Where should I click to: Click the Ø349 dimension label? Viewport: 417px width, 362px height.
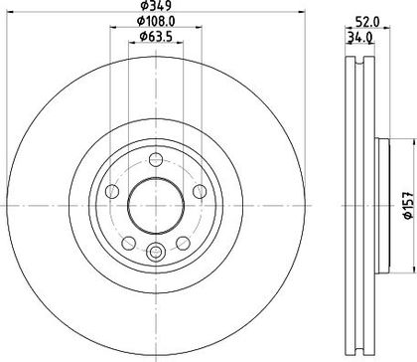(x=156, y=5)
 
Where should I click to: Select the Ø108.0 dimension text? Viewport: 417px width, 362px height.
(x=156, y=22)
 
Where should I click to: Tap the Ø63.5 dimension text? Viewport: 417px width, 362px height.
(x=156, y=37)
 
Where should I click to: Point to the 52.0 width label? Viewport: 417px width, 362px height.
(x=367, y=22)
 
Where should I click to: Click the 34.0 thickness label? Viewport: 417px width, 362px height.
(x=360, y=37)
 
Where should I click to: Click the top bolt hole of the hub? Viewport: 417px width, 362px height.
(x=156, y=159)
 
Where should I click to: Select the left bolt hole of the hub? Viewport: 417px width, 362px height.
(x=112, y=191)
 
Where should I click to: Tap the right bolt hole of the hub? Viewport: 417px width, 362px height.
(x=200, y=191)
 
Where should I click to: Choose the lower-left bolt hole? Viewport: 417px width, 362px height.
(x=128, y=243)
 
